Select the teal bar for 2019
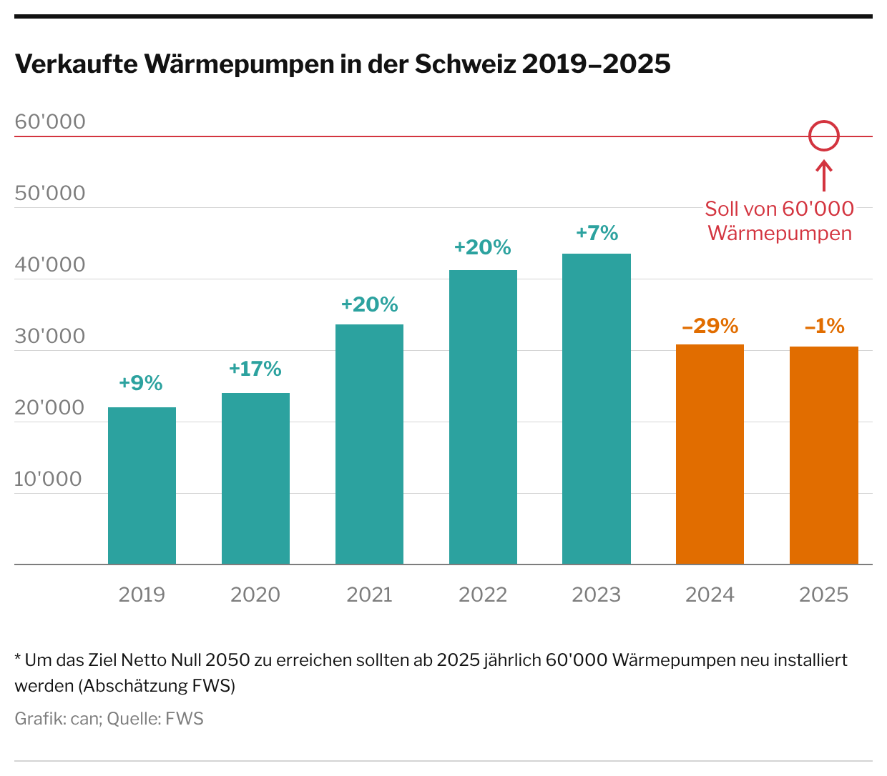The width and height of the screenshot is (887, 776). coord(142,486)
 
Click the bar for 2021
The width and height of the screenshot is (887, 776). coord(369,444)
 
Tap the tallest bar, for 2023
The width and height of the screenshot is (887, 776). coord(597,409)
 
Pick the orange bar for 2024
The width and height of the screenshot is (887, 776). coord(710,454)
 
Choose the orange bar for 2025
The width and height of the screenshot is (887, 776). coord(823,455)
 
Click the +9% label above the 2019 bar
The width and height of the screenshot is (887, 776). coord(141,384)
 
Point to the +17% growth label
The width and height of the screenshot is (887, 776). coord(255,369)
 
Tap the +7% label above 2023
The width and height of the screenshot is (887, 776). coord(597,234)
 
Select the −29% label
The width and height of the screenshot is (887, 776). coord(710,327)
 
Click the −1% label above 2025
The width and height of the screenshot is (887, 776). coord(824,327)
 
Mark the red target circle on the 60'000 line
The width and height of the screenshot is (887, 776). coord(823,136)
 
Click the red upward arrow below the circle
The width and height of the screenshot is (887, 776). coord(823,175)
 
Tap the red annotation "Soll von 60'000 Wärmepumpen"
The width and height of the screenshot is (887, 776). coord(780,221)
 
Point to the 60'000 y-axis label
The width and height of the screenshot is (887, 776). coord(50,122)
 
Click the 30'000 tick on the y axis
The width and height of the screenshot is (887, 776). coord(50,337)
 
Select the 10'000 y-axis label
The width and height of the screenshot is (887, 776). coord(49,479)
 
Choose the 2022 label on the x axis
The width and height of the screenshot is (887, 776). coord(483,595)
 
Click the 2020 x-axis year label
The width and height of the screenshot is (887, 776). coord(255,595)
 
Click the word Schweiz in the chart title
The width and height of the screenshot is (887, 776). coord(465,64)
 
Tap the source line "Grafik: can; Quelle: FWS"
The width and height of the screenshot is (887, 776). coord(109,719)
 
